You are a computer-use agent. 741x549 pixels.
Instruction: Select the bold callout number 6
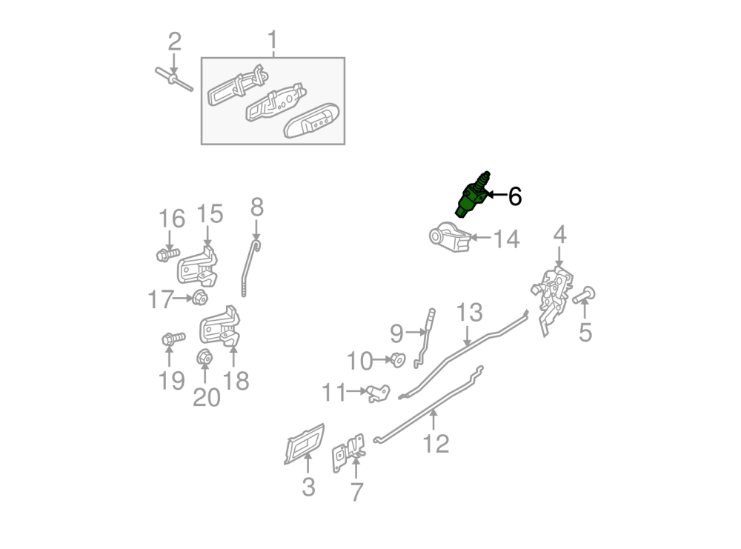click(x=515, y=196)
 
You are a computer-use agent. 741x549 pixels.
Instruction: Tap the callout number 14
click(x=506, y=239)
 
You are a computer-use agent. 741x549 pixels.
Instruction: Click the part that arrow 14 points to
click(x=450, y=236)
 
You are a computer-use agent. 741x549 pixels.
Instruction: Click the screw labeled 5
click(x=584, y=296)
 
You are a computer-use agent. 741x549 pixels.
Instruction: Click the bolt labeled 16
click(x=167, y=255)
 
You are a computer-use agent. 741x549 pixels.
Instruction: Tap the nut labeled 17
click(x=200, y=298)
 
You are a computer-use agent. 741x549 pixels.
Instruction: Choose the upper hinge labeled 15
click(x=198, y=266)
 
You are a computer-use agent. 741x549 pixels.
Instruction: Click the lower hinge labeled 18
click(x=220, y=325)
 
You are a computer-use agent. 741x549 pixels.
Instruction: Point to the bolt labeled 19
click(x=173, y=339)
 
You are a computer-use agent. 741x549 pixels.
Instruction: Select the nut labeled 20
click(x=205, y=357)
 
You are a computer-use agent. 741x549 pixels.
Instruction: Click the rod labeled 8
click(x=249, y=268)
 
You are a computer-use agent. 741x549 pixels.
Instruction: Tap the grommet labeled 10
click(x=397, y=360)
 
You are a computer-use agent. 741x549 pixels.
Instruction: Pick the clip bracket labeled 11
click(x=378, y=393)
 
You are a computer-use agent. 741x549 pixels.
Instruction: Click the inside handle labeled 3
click(x=305, y=444)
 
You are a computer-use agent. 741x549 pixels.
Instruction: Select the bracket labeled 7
click(x=349, y=453)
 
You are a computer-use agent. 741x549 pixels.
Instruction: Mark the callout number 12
click(x=436, y=443)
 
